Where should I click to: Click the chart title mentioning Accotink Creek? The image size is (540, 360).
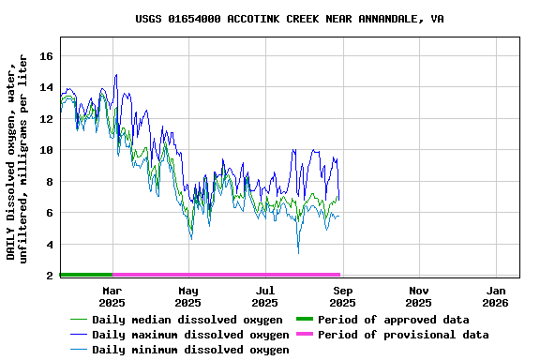click(x=290, y=19)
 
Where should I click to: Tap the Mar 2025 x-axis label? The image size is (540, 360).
click(x=112, y=296)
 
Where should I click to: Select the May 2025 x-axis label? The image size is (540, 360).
click(x=188, y=296)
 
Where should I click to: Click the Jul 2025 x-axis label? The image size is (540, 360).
click(x=265, y=296)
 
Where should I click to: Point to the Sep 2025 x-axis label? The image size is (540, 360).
click(x=342, y=296)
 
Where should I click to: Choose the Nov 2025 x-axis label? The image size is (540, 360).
click(x=419, y=296)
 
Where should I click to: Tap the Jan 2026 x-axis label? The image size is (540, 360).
click(x=496, y=296)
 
